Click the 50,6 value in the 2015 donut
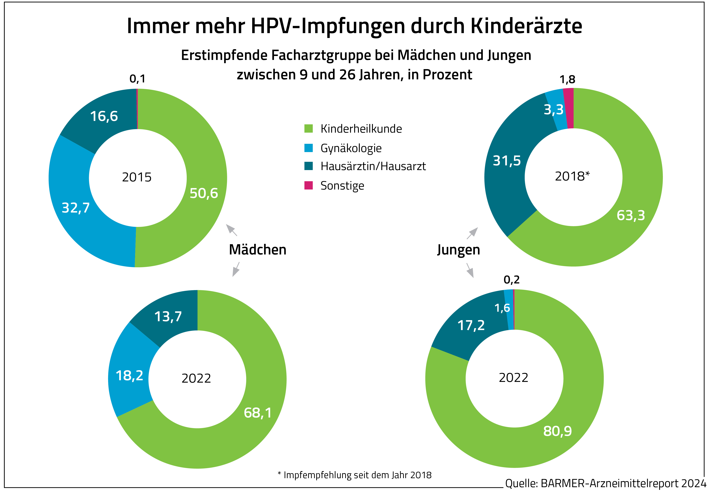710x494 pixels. [204, 193]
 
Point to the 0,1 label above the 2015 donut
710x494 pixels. [137, 79]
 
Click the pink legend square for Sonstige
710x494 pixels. [308, 186]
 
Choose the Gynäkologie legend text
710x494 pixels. [351, 148]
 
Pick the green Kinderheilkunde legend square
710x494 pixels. [308, 128]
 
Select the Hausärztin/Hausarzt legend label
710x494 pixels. [373, 166]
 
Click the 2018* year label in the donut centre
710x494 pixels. [572, 176]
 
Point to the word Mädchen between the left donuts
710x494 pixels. [258, 250]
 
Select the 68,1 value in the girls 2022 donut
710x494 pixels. [258, 413]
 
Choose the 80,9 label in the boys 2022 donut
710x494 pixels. [557, 431]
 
